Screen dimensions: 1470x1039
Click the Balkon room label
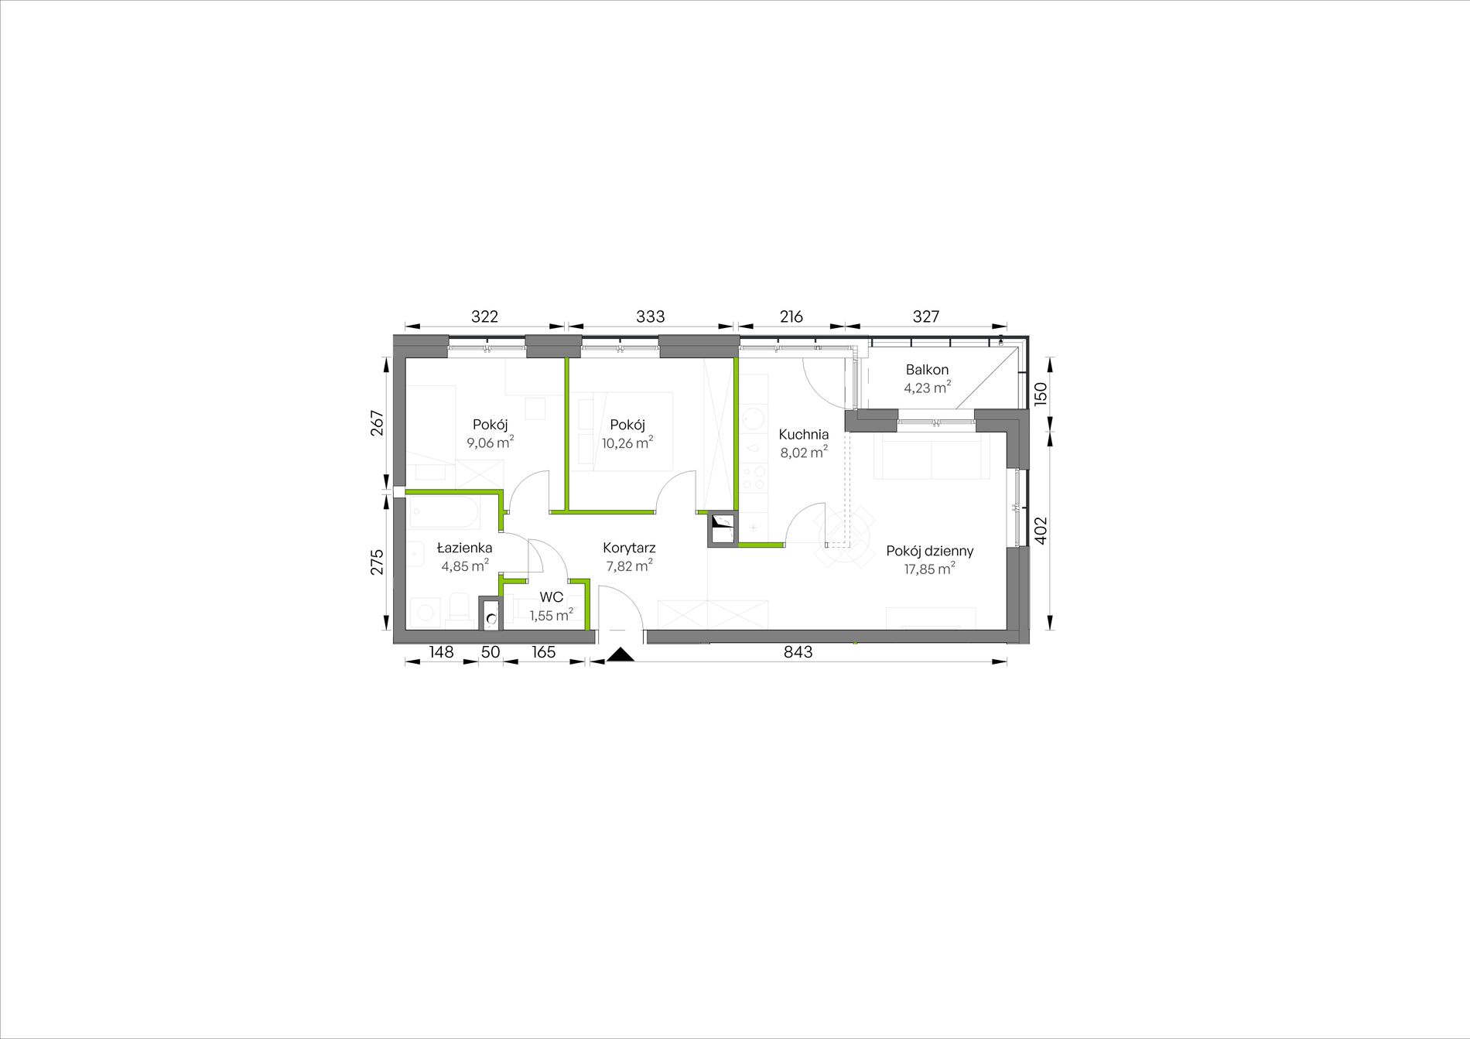click(927, 370)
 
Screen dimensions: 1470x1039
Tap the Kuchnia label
click(804, 435)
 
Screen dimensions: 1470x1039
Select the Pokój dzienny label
click(930, 552)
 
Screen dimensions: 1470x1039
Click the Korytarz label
click(629, 549)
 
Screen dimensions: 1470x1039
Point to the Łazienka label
click(464, 548)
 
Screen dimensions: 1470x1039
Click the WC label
click(552, 597)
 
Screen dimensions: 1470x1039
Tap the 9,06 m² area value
click(491, 443)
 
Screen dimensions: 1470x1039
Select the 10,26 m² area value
click(627, 443)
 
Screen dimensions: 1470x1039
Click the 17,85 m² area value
click(929, 569)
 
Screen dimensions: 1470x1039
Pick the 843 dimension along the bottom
click(798, 652)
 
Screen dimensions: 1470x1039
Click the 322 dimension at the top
click(485, 316)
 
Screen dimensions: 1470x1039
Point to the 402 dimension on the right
click(1041, 531)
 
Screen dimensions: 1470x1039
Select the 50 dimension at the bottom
click(491, 652)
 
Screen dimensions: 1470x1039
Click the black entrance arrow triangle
click(620, 655)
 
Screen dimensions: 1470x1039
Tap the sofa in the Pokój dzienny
click(932, 456)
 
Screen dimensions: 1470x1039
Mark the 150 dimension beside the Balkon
click(1041, 394)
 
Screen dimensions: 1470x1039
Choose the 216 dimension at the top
click(791, 316)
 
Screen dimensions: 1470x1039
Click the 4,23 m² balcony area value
click(928, 388)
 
